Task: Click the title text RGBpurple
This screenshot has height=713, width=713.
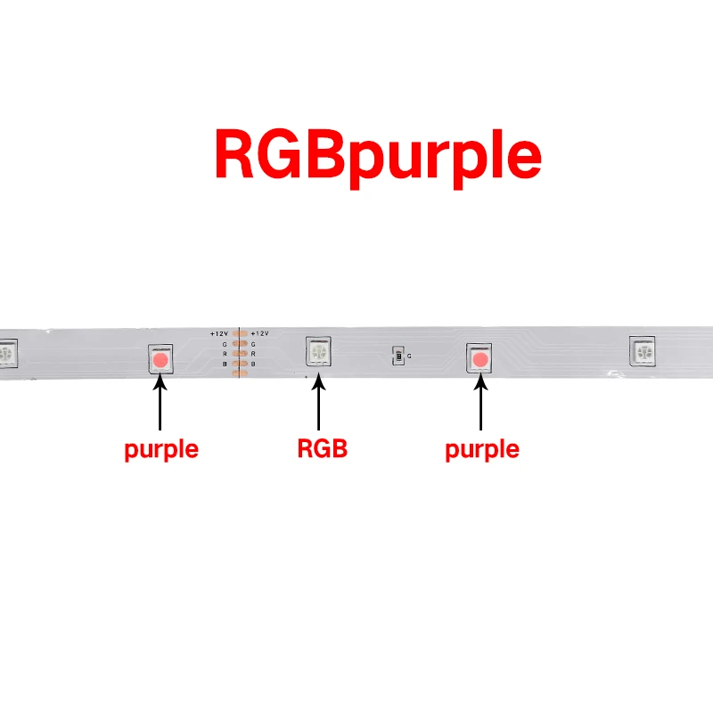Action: click(377, 156)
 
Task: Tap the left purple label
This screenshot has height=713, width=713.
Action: click(160, 449)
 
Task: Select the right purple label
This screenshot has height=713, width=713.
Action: click(481, 449)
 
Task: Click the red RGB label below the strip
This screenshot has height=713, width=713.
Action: click(322, 449)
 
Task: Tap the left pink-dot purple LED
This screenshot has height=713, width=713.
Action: click(160, 360)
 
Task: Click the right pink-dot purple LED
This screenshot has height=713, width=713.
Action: click(480, 359)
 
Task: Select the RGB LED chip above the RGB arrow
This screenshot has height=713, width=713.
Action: click(318, 352)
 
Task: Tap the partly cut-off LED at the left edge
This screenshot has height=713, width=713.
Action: click(7, 355)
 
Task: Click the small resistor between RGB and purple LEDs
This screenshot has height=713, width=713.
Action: click(397, 356)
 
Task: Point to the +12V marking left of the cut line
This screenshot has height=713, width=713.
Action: click(219, 333)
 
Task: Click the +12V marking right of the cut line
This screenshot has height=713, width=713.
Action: click(259, 333)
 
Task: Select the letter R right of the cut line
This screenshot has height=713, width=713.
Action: click(253, 354)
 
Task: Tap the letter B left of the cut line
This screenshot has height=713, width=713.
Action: click(225, 365)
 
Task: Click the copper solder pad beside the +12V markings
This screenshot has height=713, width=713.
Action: click(239, 333)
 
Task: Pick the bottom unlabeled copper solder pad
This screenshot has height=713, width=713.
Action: click(239, 374)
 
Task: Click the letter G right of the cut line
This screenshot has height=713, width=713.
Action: click(253, 343)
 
